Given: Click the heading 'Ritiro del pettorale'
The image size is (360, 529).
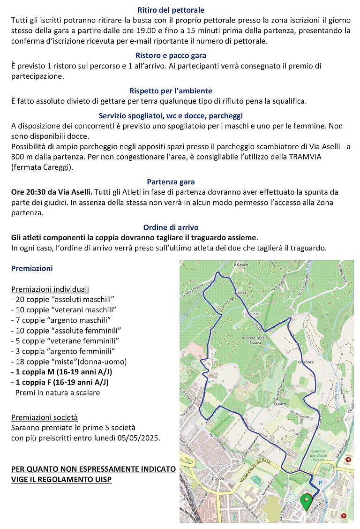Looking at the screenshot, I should (171, 10).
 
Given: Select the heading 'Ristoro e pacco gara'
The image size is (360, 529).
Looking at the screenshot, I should (171, 55).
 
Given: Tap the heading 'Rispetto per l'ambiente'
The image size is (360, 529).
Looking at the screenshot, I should (171, 91).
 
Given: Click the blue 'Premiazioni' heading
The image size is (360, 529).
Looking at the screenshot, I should (32, 269).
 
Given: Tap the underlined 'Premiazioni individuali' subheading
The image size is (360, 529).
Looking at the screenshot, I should (50, 289).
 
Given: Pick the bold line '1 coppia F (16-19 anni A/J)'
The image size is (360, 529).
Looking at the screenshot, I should (60, 382).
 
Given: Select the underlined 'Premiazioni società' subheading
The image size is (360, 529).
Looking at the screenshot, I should (45, 417).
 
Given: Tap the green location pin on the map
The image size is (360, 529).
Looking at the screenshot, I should (307, 501).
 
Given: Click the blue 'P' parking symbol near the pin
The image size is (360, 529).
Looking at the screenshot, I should (321, 482).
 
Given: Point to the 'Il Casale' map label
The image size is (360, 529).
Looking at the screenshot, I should (240, 264).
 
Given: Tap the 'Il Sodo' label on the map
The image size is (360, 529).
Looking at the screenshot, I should (218, 478).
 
